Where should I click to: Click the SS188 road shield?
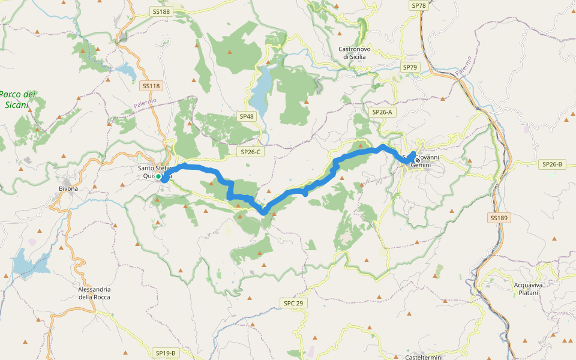coord(161,11)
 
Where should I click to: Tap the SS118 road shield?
coord(152,86)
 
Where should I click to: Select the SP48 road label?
coord(246,116)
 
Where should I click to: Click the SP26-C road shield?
coord(251,152)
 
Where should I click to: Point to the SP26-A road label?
coord(382,112)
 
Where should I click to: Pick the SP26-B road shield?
coord(552,164)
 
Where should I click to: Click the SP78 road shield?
coord(418,5)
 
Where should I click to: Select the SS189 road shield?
coord(499,218)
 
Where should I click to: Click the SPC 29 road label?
coord(293,304)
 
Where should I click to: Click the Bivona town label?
coord(68,188)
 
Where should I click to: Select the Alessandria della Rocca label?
coord(94,293)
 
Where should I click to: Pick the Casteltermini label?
coord(424,357)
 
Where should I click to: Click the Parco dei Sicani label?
coord(17,99)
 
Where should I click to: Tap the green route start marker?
coord(158,177)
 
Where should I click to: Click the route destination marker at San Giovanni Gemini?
coord(418,160)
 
